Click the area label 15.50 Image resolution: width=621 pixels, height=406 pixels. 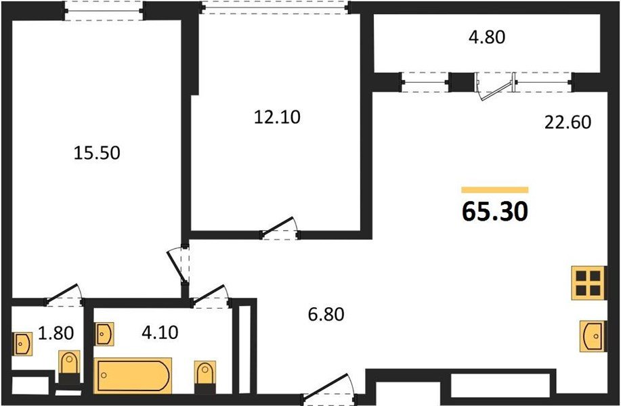96,153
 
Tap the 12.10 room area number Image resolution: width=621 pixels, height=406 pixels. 276,116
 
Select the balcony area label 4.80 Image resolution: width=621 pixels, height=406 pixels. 487,37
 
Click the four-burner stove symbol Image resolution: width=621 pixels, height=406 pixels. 586,283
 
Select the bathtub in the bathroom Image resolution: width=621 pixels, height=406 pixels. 133,374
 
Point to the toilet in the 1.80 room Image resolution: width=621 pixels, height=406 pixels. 68,367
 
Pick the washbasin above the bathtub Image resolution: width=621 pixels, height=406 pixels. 104,333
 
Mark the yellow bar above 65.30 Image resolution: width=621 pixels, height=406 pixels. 494,190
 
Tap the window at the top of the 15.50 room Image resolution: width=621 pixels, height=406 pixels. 105,10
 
